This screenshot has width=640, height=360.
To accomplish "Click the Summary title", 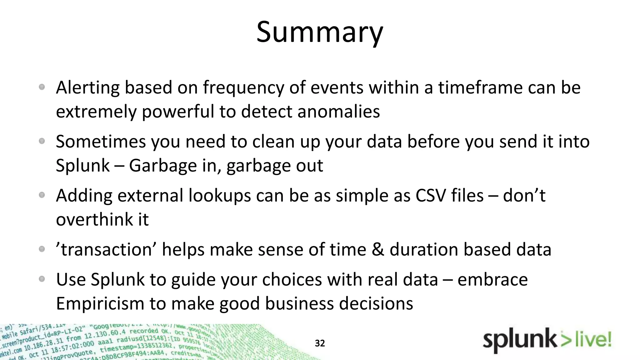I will pos(320,32).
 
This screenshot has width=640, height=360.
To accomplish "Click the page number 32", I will pos(320,343).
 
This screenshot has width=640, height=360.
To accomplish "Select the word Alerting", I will pos(87,88).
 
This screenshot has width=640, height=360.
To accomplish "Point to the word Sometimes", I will pos(101,142).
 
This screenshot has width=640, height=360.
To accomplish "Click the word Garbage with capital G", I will pos(163,166).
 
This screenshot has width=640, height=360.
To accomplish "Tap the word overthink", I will pos(94,219).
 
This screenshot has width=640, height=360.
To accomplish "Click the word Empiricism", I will pos(100,303).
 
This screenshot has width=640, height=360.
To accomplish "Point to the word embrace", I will pos(492,279).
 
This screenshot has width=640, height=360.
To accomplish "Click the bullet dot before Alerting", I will pos(42,87).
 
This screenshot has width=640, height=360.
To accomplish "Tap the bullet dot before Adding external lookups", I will pos(42,195).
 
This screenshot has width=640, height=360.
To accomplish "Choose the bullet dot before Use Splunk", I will pos(42,279).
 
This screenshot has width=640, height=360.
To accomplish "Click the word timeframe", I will pos(480,87).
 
